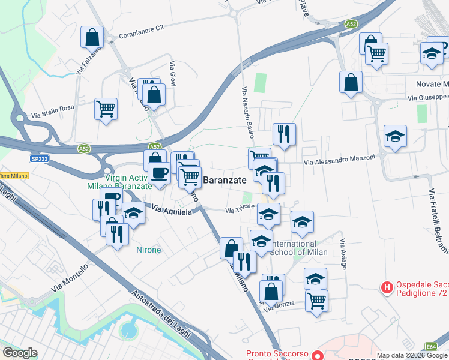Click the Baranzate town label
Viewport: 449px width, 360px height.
coord(225,180)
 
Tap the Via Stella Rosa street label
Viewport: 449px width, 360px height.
coord(53,111)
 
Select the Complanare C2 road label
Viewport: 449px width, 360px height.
coord(141,32)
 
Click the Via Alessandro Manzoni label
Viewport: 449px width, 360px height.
coord(339,160)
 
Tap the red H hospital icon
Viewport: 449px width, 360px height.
coord(388,288)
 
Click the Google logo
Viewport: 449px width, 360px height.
coord(20,353)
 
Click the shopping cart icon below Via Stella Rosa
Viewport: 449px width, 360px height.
coord(106,109)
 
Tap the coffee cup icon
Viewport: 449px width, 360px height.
coord(159,173)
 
